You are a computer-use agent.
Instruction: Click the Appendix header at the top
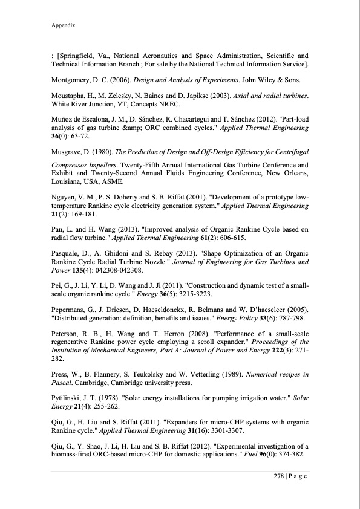(x=64, y=27)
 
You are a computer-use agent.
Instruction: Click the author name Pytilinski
(x=68, y=397)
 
